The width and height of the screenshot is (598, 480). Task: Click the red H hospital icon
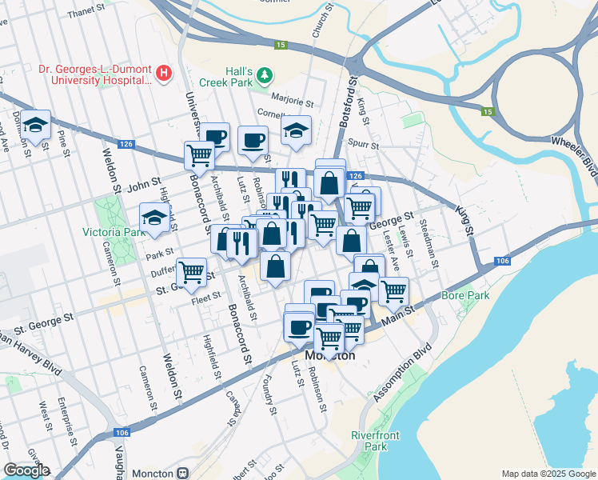click(165, 74)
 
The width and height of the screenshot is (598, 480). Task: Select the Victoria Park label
click(112, 233)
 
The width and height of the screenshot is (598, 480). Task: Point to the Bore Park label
click(460, 296)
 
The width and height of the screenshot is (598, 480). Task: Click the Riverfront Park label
click(374, 440)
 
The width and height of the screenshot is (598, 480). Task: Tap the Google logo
click(26, 470)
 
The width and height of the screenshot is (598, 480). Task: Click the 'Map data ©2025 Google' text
click(548, 474)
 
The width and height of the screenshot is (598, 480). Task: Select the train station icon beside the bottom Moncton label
click(183, 474)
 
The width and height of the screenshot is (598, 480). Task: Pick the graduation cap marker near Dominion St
click(35, 125)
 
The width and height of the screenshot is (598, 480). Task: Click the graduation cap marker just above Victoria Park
click(154, 218)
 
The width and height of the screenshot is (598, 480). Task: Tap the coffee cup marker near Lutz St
click(252, 140)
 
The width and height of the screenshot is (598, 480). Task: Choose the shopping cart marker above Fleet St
click(192, 272)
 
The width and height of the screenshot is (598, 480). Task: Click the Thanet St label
click(87, 13)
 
